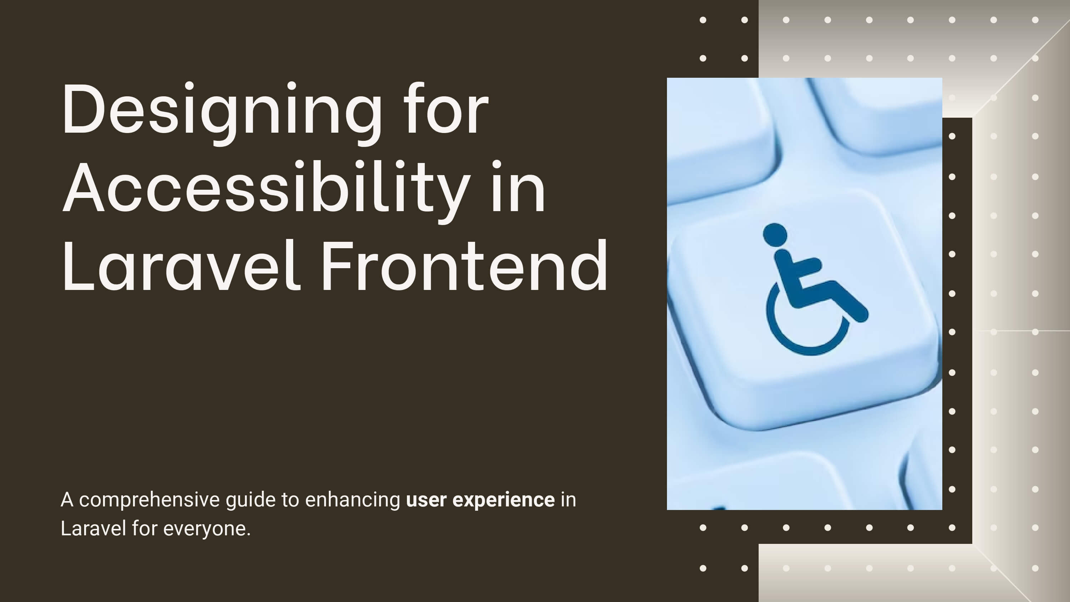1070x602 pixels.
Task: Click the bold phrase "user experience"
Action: [x=480, y=500]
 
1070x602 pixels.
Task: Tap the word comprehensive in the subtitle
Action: [x=149, y=500]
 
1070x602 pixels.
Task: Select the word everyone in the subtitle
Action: [x=207, y=529]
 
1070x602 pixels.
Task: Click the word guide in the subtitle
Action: [x=250, y=500]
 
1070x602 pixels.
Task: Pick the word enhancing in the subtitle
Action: [x=353, y=500]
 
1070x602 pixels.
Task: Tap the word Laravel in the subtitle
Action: [x=93, y=529]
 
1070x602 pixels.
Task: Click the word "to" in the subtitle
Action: [x=290, y=500]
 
